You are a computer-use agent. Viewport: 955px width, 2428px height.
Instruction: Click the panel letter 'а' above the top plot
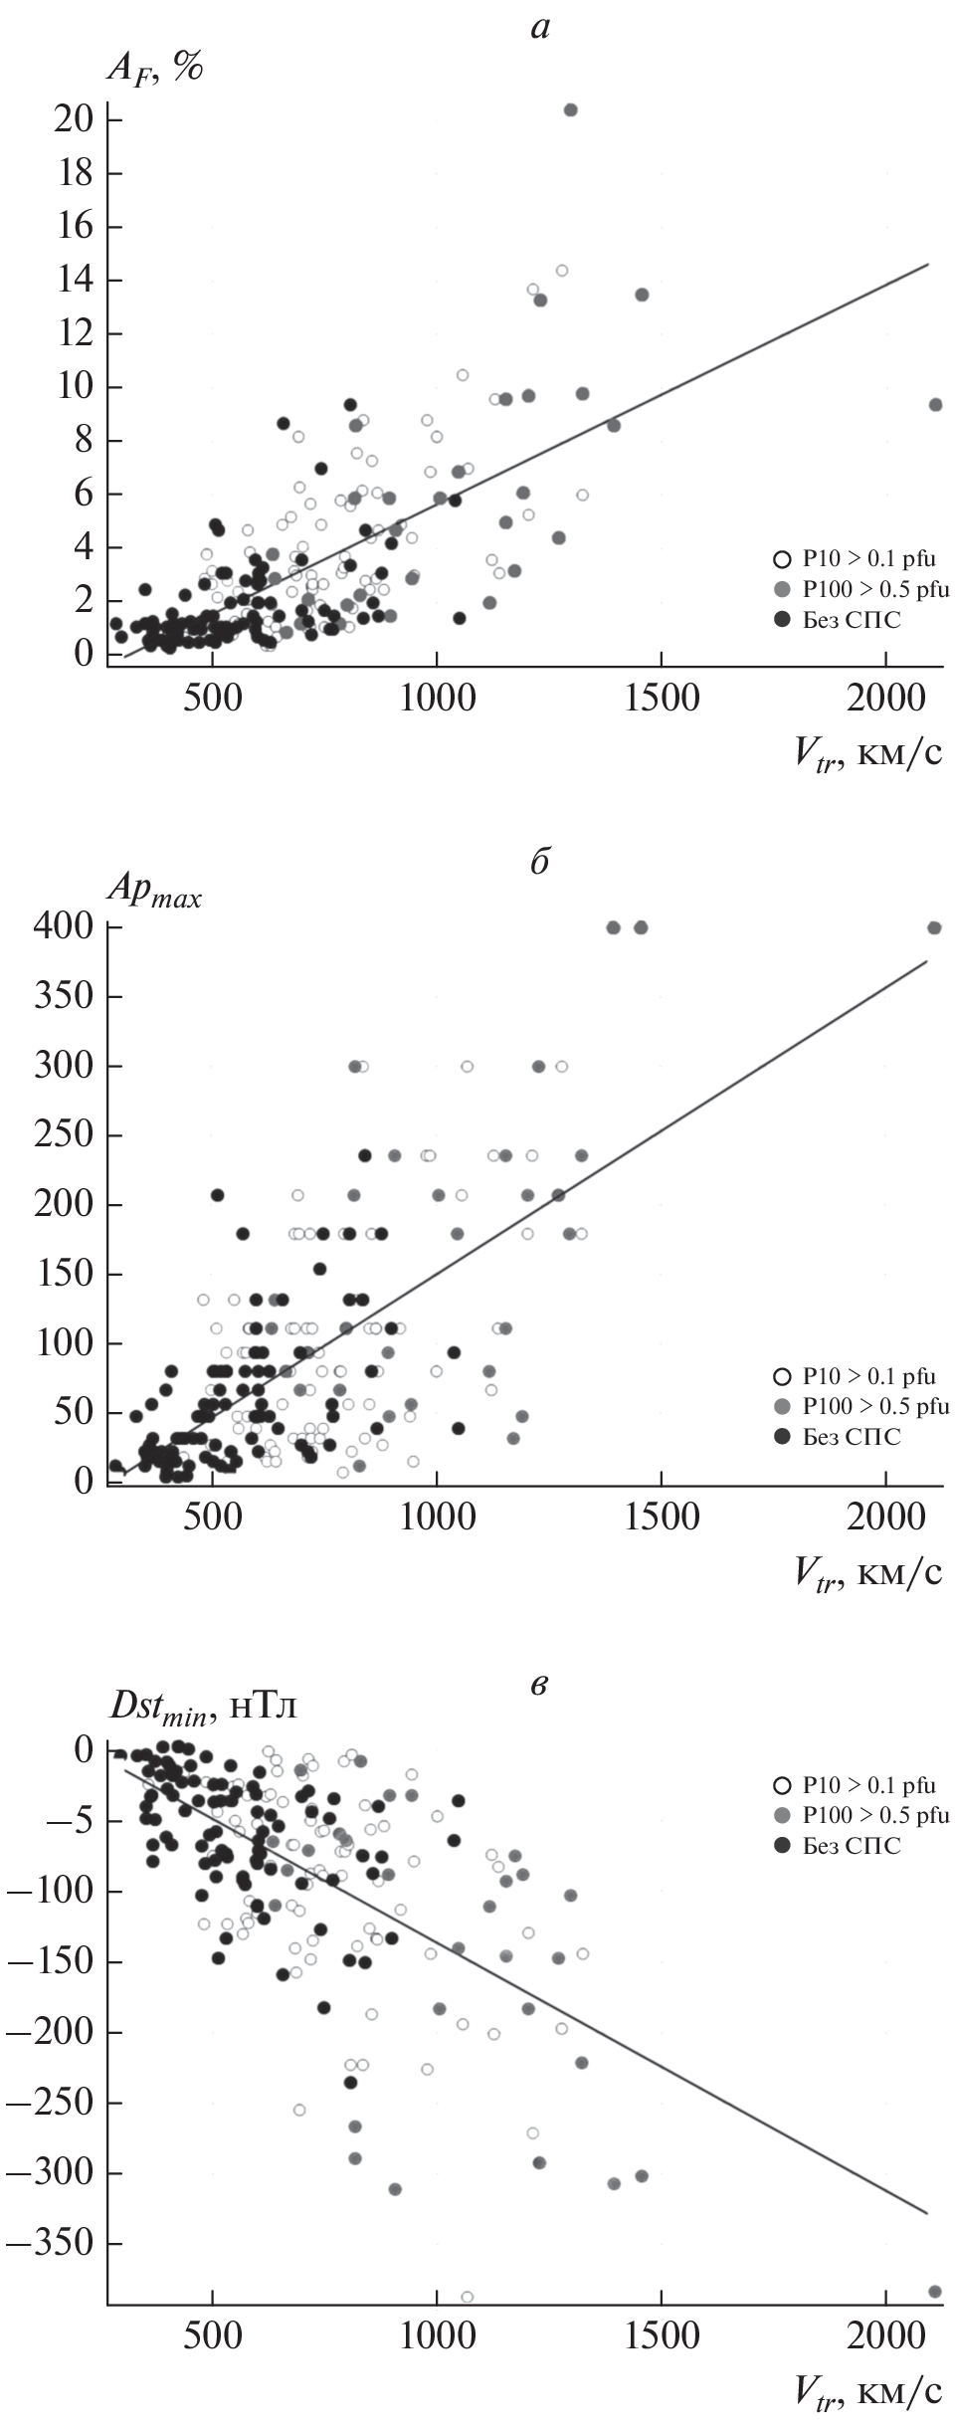pos(539,28)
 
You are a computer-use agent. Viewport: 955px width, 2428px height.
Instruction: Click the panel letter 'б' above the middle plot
pos(539,862)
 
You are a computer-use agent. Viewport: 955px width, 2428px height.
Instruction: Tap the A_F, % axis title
pos(155,70)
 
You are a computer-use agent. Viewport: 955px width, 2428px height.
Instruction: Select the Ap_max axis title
pos(154,894)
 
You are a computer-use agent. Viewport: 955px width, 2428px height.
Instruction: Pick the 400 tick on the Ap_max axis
pos(66,927)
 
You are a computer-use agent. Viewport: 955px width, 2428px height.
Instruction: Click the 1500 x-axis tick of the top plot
pos(662,698)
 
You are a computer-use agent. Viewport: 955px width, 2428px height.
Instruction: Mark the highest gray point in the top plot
pos(570,109)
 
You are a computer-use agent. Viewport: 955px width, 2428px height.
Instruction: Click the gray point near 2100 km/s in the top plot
pos(935,405)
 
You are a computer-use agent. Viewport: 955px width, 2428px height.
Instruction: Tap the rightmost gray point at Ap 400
pos(934,927)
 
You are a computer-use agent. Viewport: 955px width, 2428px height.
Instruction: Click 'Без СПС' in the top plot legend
pos(851,619)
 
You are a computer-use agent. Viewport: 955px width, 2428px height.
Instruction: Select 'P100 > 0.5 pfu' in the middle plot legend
pos(875,1406)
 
